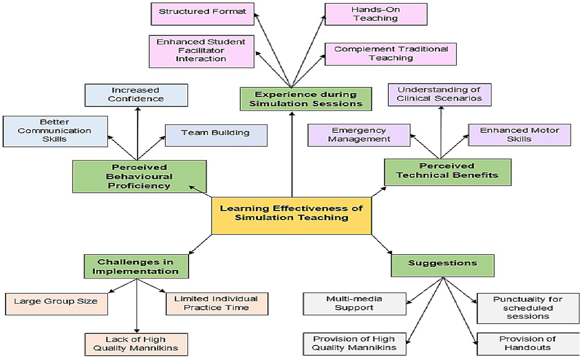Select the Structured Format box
202,14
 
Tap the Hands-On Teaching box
376,14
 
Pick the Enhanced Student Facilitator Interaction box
201,51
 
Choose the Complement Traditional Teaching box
391,54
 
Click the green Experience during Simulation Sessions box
306,99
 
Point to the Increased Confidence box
136,95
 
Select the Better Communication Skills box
55,131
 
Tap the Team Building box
216,135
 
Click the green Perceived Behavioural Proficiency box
139,176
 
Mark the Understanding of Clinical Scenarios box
439,94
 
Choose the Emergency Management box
359,135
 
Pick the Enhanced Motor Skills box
519,135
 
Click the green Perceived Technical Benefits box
447,172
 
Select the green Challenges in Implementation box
136,266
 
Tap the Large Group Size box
56,303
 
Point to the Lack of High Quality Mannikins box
136,344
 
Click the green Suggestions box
442,265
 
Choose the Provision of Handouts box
527,344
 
